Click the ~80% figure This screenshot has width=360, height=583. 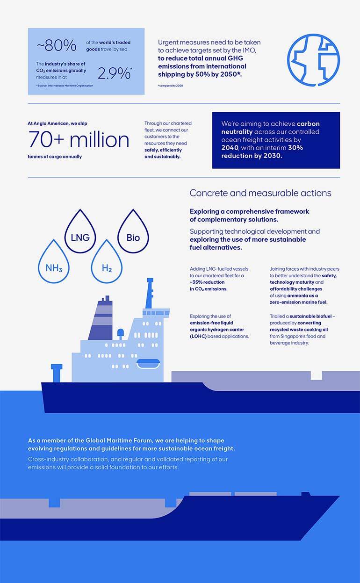coord(56,45)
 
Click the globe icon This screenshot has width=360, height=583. coord(313,60)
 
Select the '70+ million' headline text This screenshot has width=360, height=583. coord(79,139)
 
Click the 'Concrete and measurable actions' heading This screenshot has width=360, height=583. coord(260,193)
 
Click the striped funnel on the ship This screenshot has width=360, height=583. coord(103,318)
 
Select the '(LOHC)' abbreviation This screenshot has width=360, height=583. coord(198,336)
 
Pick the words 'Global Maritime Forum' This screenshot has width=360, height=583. coord(113,440)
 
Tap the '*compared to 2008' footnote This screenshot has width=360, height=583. coord(170,86)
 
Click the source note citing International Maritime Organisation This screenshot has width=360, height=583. coord(65,86)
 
